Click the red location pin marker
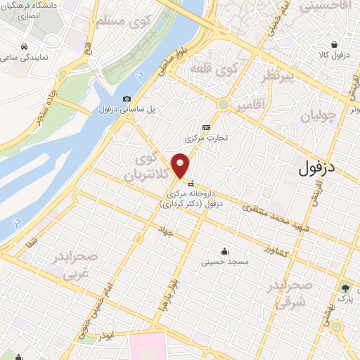(181, 165)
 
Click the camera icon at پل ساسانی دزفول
(127, 99)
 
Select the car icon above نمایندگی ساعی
(25, 48)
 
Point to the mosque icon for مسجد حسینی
(224, 251)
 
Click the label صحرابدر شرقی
(289, 293)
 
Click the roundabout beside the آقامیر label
(224, 105)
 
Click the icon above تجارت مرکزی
(205, 127)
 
